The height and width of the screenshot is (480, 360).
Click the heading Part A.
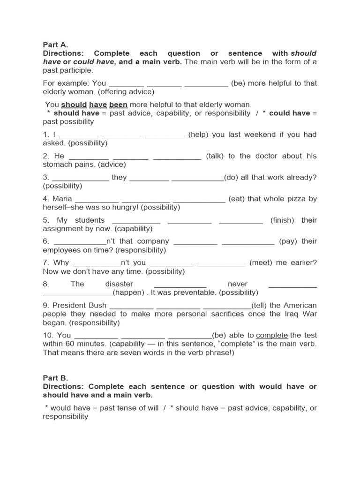point(55,45)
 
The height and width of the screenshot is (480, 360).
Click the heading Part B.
point(55,378)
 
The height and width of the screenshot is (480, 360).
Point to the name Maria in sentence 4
point(62,199)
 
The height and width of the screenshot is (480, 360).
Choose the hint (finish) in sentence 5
point(282,220)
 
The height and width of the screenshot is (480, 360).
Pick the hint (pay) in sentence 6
point(288,241)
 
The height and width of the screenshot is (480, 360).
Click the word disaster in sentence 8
point(119,284)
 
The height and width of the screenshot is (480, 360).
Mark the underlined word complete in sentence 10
point(272,336)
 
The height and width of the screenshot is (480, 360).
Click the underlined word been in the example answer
point(118,105)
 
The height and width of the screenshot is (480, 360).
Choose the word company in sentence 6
point(151,241)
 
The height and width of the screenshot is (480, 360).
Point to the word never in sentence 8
point(238,284)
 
